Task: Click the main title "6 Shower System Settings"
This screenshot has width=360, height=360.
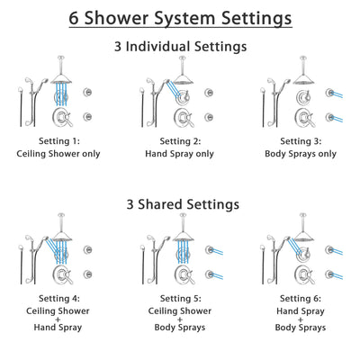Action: tap(180, 17)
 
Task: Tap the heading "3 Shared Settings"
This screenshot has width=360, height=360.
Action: tap(180, 204)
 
